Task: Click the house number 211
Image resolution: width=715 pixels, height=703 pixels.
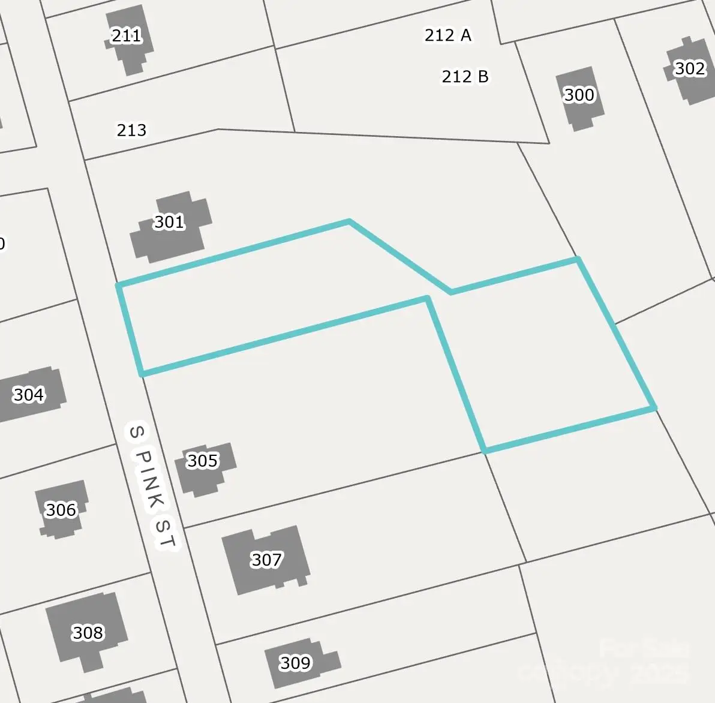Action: click(127, 36)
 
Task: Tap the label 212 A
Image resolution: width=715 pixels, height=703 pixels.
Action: click(447, 35)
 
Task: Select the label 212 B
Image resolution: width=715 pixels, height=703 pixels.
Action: click(465, 77)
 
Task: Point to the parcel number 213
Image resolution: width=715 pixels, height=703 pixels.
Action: click(131, 130)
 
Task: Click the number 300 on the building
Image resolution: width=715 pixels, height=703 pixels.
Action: click(579, 95)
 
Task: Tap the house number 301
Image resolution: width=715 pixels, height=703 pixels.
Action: click(169, 223)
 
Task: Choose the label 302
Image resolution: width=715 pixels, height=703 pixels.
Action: click(690, 68)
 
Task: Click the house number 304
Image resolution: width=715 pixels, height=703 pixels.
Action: click(28, 395)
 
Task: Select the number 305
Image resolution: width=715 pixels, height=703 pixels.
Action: click(202, 461)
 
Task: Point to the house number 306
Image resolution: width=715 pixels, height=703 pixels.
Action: click(61, 510)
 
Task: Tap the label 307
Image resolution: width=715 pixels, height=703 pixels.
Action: click(266, 560)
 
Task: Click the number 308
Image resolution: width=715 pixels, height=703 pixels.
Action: click(88, 633)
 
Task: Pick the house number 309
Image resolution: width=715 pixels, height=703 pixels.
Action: click(295, 663)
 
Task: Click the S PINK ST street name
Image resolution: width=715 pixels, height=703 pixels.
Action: click(153, 486)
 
